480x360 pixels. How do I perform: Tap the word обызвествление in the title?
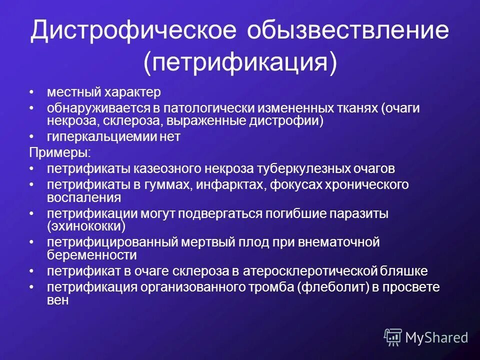(347, 30)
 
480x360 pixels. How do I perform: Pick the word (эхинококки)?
(86, 226)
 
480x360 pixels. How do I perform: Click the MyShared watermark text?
(436, 337)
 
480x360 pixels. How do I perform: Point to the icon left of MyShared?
(392, 337)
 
